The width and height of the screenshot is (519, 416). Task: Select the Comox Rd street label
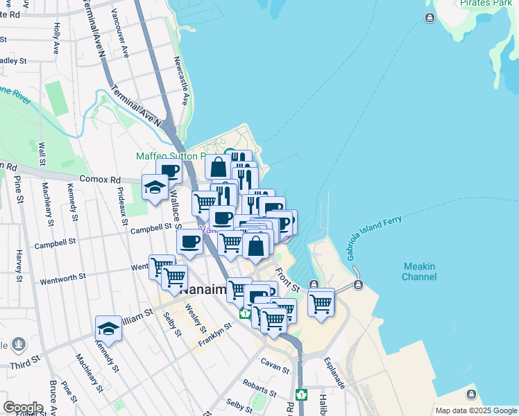99,179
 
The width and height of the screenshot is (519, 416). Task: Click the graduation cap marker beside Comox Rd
155,187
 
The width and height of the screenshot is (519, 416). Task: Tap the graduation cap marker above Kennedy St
108,328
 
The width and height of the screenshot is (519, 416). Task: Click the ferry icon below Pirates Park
430,17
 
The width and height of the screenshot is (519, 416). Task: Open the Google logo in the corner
24,408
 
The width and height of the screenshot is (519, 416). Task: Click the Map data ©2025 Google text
475,410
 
